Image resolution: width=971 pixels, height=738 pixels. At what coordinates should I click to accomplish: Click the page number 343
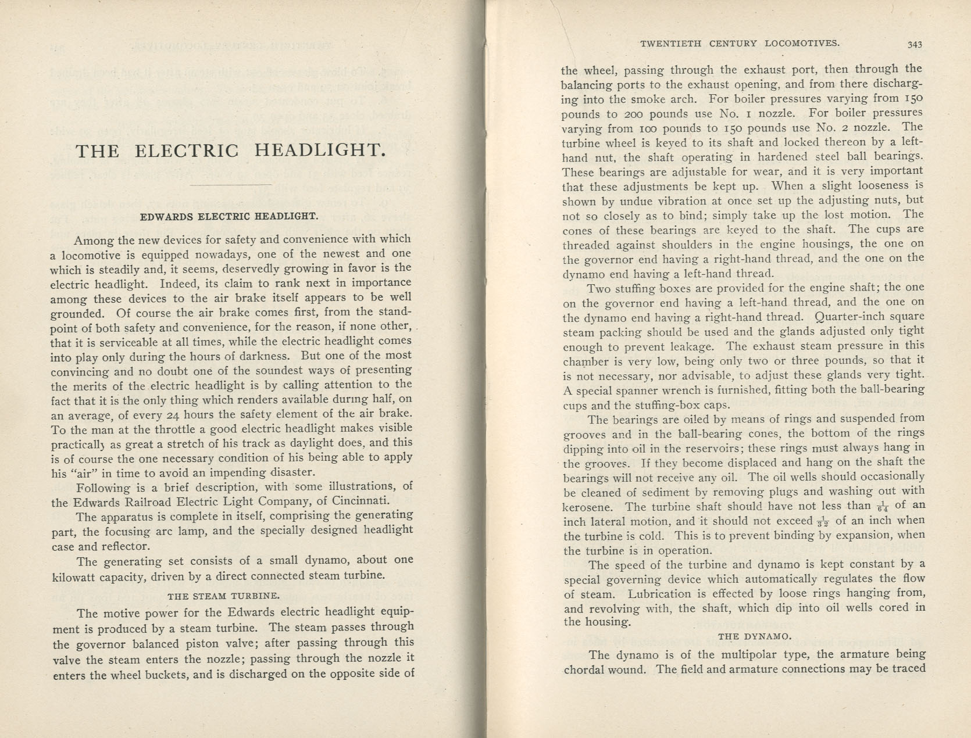(914, 44)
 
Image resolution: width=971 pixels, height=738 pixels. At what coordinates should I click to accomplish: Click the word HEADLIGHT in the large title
(320, 151)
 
